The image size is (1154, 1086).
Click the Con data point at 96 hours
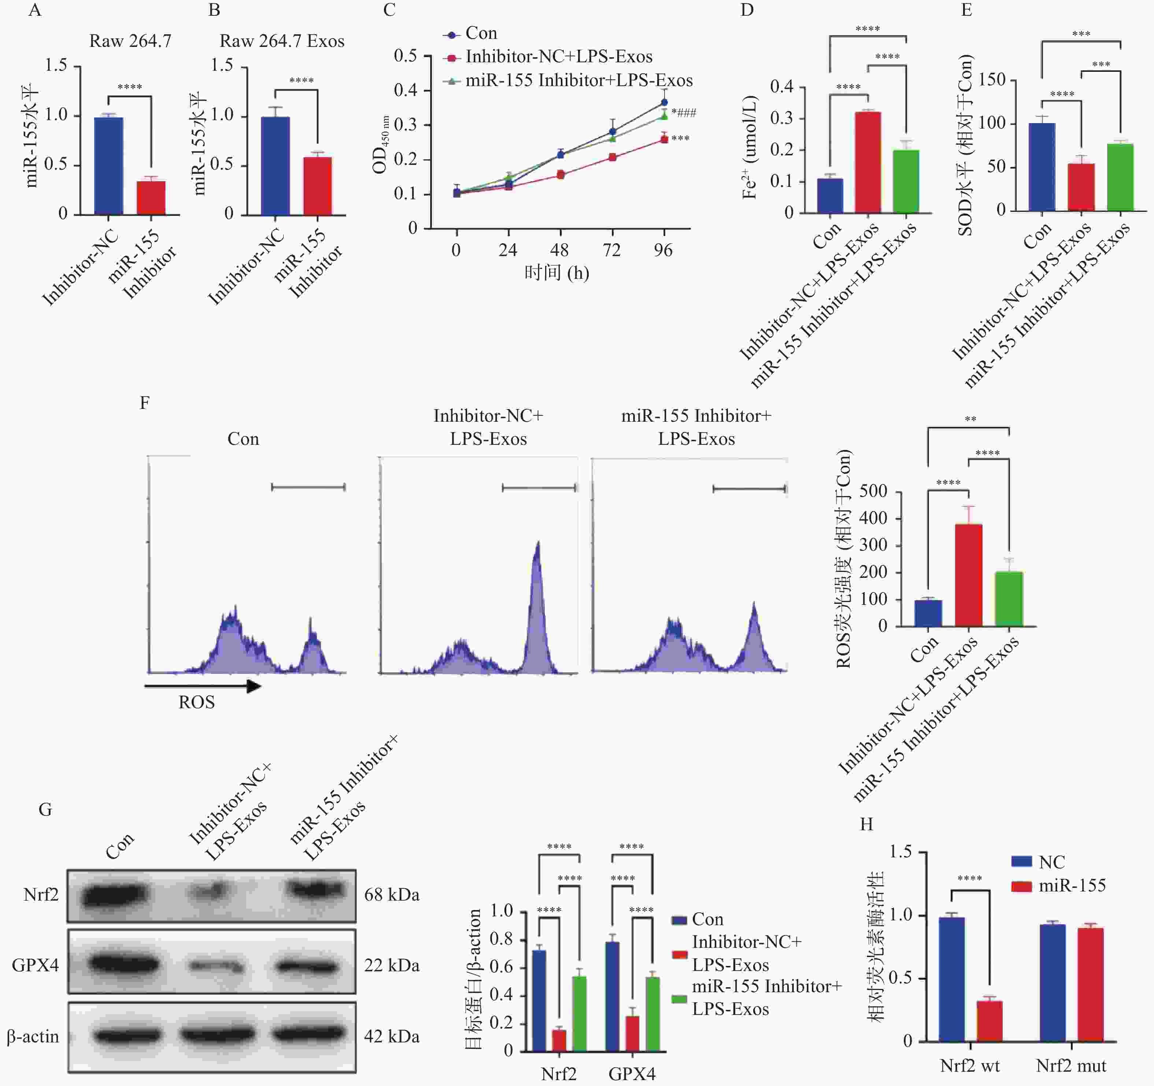[x=664, y=102]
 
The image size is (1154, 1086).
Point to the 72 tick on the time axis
[x=611, y=250]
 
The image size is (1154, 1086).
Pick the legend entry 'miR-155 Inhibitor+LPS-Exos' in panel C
[x=579, y=81]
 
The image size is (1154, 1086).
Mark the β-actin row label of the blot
[x=33, y=1037]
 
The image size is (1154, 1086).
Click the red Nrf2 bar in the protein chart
[x=559, y=1040]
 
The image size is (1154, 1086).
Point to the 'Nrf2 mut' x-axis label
[x=1070, y=1066]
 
